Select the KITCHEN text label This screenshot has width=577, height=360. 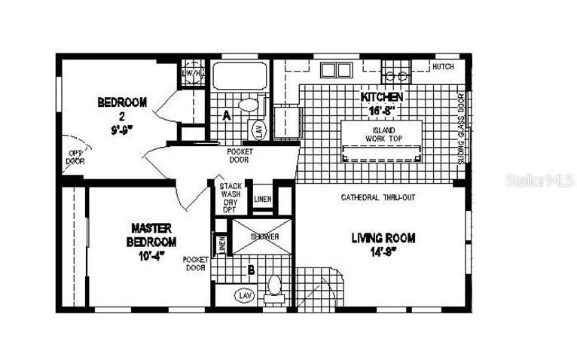click(382, 103)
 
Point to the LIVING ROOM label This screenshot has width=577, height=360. click(383, 245)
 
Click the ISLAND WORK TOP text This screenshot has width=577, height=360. click(381, 135)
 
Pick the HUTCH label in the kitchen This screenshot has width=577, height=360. click(443, 67)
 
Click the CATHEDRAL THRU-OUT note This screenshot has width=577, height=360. click(378, 197)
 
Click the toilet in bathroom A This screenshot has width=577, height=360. click(247, 105)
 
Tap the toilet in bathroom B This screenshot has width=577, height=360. click(275, 287)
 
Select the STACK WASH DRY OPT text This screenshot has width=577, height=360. click(229, 197)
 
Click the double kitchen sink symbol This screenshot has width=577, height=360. click(336, 70)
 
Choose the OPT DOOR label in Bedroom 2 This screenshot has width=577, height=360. click(75, 157)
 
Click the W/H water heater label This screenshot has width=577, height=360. click(193, 73)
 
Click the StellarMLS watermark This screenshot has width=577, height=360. click(529, 182)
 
